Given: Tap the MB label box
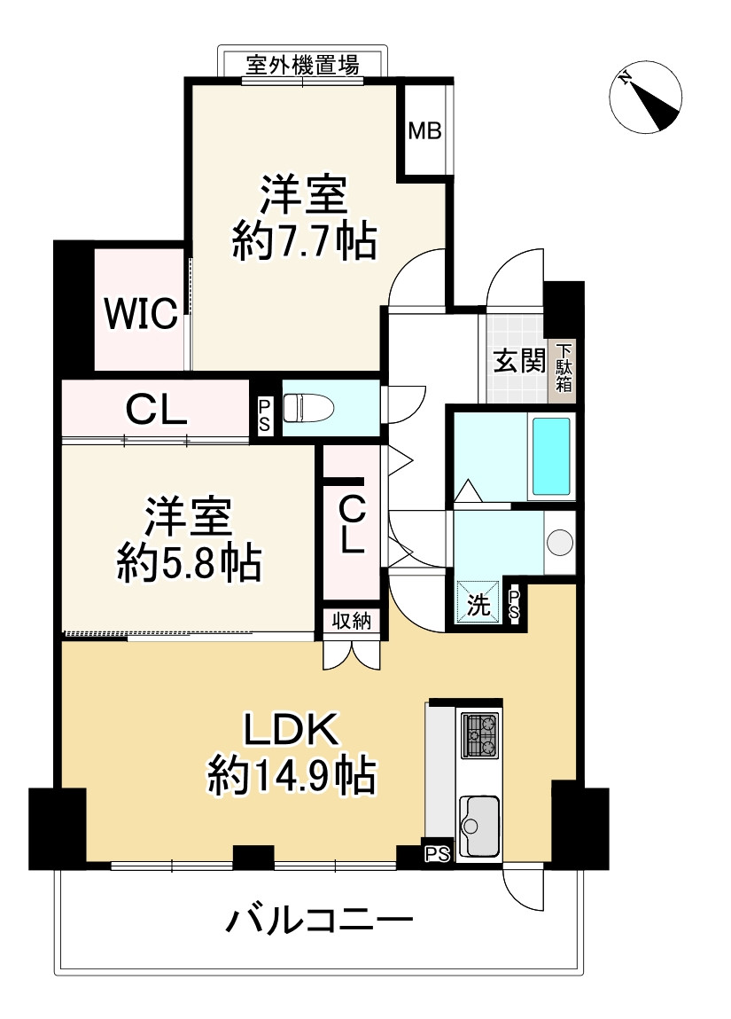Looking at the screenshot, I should coord(424,131).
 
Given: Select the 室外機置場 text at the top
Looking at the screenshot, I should coord(302,65).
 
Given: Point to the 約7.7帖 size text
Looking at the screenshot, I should coord(304,241).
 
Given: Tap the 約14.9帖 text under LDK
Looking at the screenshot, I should coord(292,777).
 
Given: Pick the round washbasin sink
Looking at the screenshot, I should coord(559,540).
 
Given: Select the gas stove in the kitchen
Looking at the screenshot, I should coord(479,737).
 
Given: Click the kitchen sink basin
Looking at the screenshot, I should coord(478,825).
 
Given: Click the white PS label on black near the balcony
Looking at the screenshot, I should coord(437,854).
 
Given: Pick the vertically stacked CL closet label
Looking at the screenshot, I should coord(352,523).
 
